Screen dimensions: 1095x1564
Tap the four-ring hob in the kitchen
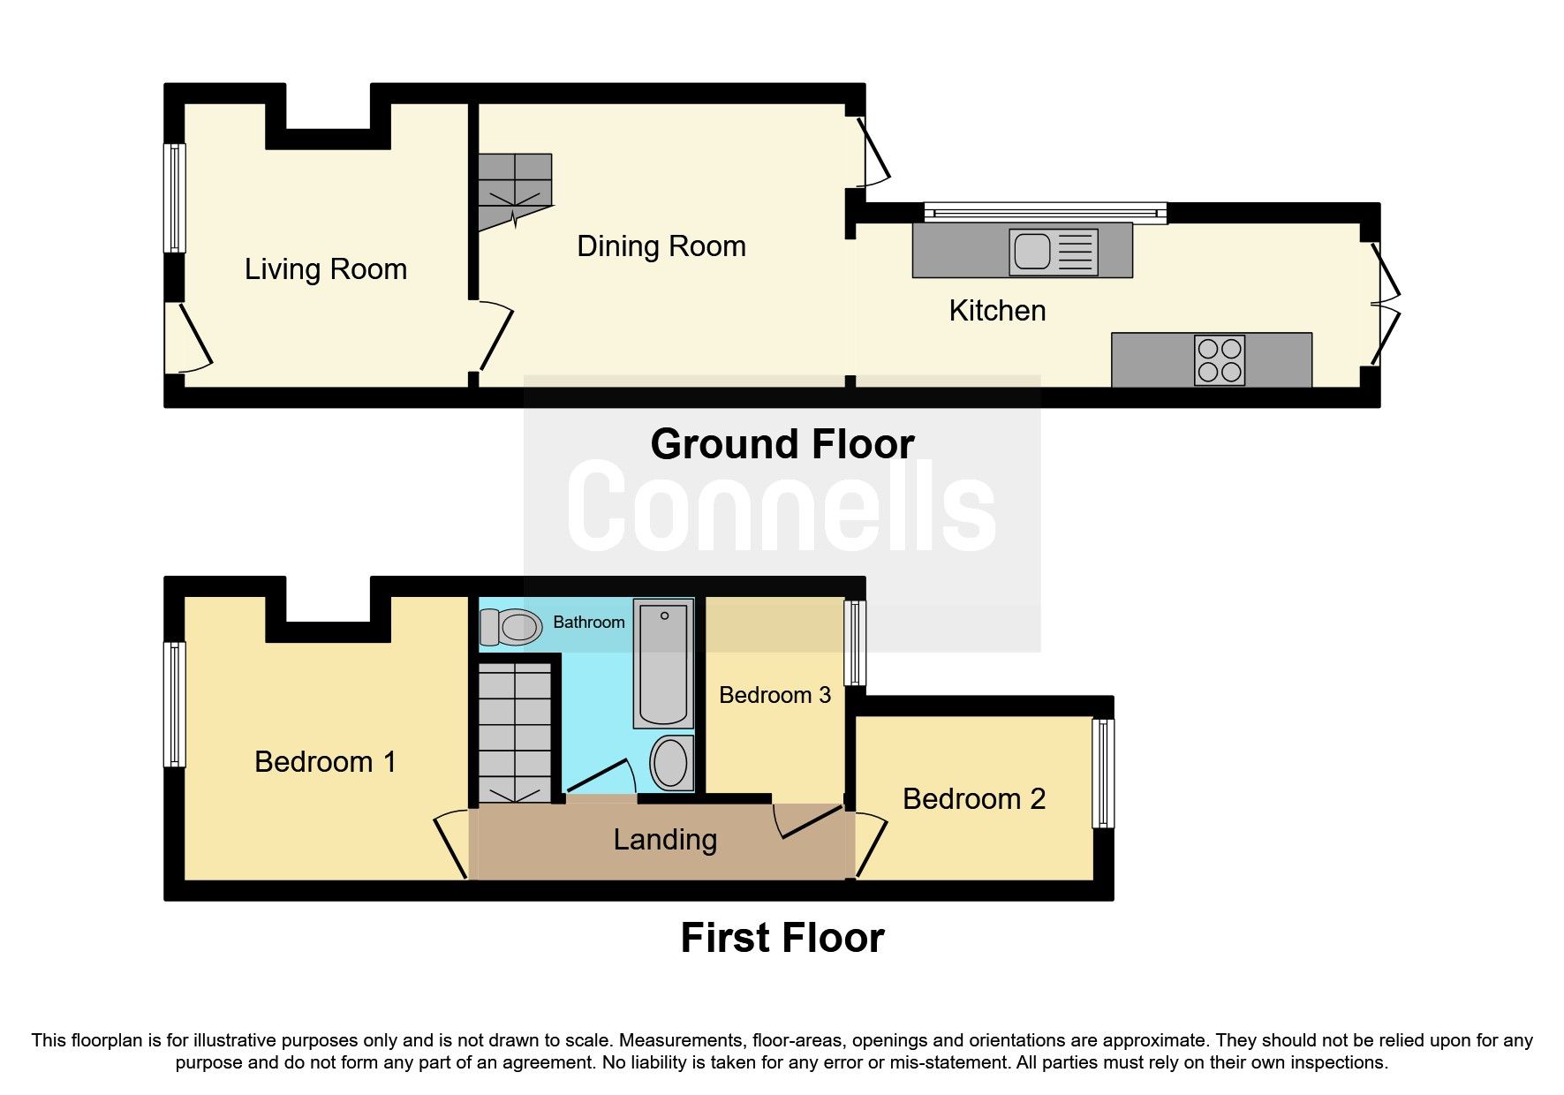(1220, 360)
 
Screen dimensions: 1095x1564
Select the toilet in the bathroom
(510, 627)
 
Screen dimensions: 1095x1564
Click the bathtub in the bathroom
(664, 662)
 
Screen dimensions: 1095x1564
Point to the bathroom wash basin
(671, 762)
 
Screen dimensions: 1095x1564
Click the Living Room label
(326, 269)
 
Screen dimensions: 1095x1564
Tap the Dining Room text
(661, 246)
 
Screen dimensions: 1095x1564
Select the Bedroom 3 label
(774, 696)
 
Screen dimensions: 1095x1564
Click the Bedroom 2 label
(973, 799)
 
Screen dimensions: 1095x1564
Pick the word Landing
(665, 840)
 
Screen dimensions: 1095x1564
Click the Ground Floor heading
(782, 444)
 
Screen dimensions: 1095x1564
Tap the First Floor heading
(782, 938)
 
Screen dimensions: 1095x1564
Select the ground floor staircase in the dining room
(515, 190)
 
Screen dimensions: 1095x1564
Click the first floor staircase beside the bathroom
(515, 733)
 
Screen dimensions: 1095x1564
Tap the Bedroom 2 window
(1102, 774)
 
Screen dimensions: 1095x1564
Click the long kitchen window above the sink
(1045, 212)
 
